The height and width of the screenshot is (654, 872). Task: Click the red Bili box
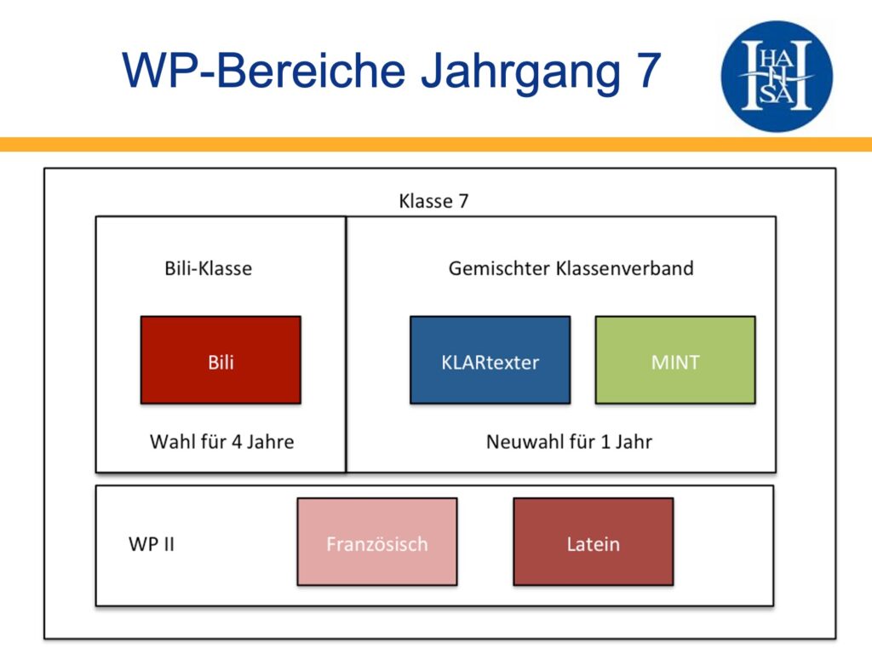[221, 360]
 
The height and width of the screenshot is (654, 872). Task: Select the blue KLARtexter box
[490, 360]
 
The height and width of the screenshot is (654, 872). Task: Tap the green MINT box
[675, 360]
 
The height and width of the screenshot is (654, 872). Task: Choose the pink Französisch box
[377, 542]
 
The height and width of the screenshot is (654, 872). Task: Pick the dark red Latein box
[594, 542]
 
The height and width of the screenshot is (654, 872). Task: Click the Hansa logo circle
[777, 76]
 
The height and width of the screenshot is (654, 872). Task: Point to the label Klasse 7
[433, 201]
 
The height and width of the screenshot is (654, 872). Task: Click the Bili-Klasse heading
[209, 268]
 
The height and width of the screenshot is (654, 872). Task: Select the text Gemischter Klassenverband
[571, 268]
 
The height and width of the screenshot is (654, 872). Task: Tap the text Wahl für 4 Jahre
[222, 442]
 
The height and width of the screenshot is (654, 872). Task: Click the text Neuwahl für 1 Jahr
[569, 442]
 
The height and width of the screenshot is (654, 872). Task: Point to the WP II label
[152, 544]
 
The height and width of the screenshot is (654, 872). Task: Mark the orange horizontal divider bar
[436, 144]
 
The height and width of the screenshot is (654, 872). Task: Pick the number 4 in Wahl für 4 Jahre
[237, 442]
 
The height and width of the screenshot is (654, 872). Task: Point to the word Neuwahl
[519, 442]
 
